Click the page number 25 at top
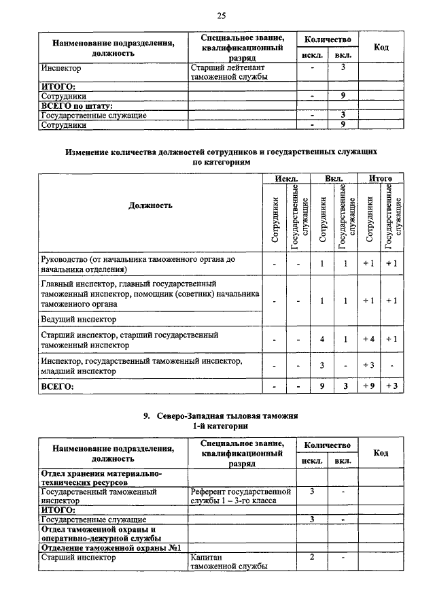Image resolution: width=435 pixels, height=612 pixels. point(221,16)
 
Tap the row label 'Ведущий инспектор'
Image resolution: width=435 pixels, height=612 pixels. point(79,318)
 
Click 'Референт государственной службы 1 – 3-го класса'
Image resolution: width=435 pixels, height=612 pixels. point(241,495)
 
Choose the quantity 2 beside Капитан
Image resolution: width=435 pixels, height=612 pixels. point(312,558)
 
